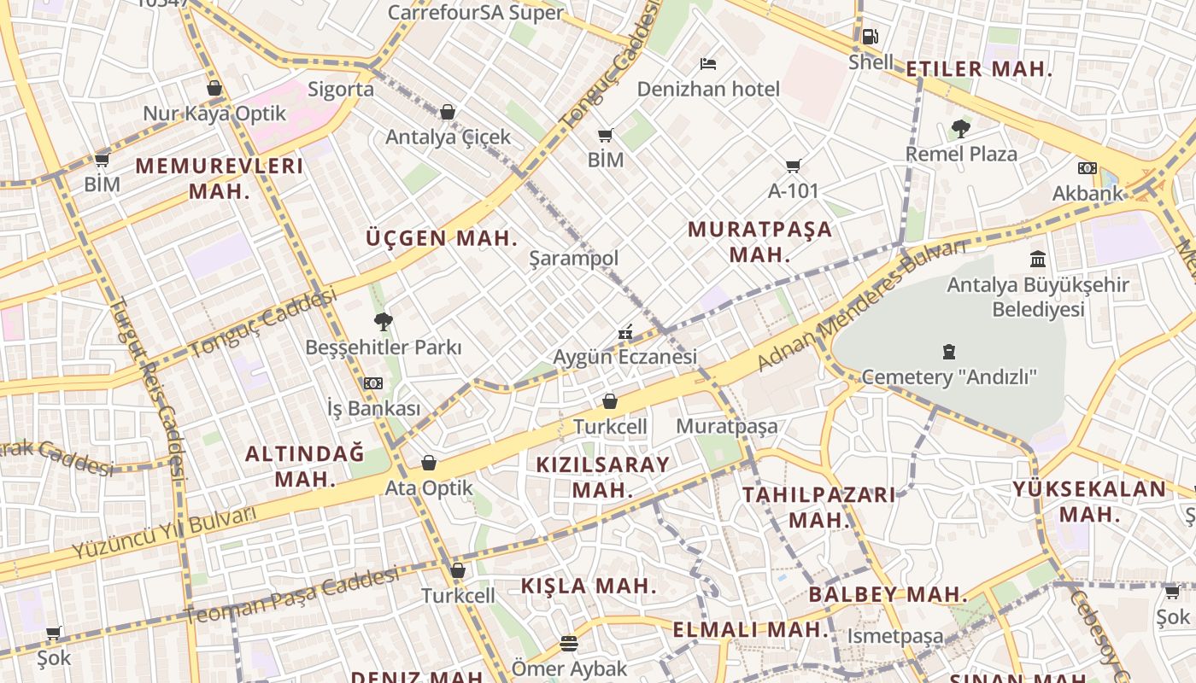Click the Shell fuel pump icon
pos(869,37)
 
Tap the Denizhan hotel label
pos(708,89)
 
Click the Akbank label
pos(1087,193)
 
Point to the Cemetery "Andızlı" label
pos(948,377)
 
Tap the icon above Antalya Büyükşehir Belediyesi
pos(1038,259)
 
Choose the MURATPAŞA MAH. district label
pos(759,242)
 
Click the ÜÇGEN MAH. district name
pos(442,237)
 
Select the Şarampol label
pos(573,258)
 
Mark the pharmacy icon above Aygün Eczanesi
pos(625,332)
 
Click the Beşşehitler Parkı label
pos(383,347)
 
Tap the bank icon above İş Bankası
pos(373,383)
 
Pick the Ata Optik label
pos(429,488)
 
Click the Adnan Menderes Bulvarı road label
pos(861,306)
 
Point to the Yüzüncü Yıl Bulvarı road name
pos(163,533)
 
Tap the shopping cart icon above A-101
pos(794,166)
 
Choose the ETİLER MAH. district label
pos(978,69)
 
